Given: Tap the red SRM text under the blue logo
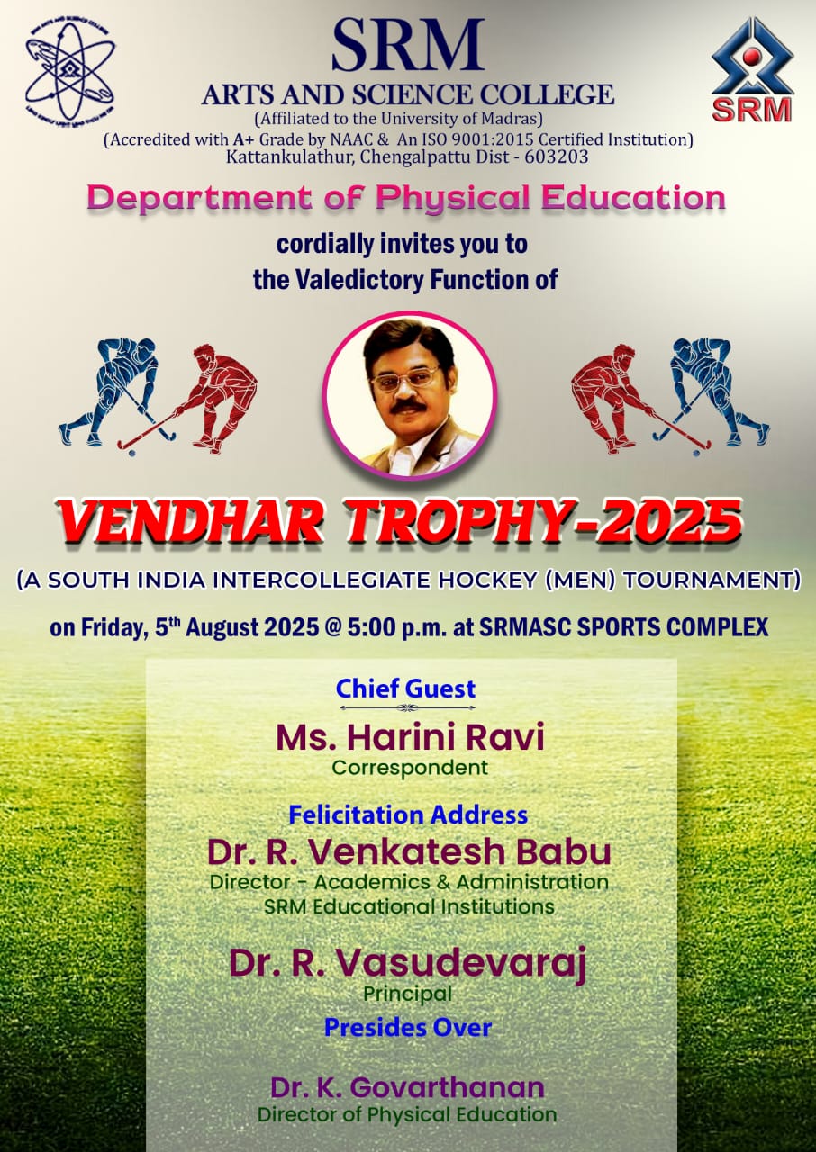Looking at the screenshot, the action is click(x=752, y=110).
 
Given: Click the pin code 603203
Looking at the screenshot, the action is click(x=556, y=157).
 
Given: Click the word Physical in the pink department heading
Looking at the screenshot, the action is click(x=453, y=197).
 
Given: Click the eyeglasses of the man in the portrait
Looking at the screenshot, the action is click(x=404, y=380).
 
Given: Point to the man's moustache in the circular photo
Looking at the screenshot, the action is click(x=408, y=407).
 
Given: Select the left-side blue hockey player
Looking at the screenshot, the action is click(x=116, y=391).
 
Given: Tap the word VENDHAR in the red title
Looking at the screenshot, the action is click(x=191, y=520).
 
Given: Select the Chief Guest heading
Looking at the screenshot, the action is click(x=405, y=688).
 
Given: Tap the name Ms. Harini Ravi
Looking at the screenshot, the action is click(x=410, y=737).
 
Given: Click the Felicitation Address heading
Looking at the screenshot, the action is click(x=408, y=814).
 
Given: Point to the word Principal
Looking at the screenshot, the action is click(x=407, y=994).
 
